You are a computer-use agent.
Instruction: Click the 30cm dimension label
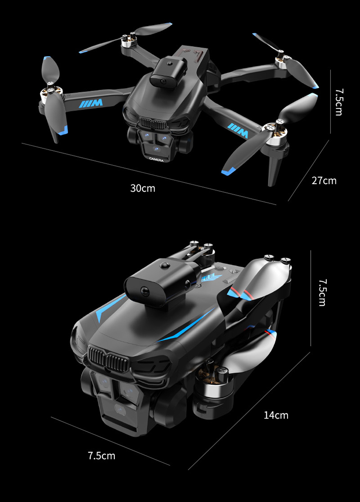tap(143, 188)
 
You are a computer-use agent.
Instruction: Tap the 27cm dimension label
tap(324, 181)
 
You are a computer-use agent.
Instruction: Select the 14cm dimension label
tap(276, 415)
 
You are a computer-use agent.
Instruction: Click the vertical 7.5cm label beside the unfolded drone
tap(338, 102)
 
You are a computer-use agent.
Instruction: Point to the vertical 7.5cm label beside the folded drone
tap(322, 292)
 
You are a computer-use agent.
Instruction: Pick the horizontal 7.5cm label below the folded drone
tap(102, 455)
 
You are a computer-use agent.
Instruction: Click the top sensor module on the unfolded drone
tap(171, 72)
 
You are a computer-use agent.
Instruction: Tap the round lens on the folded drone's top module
tap(145, 290)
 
